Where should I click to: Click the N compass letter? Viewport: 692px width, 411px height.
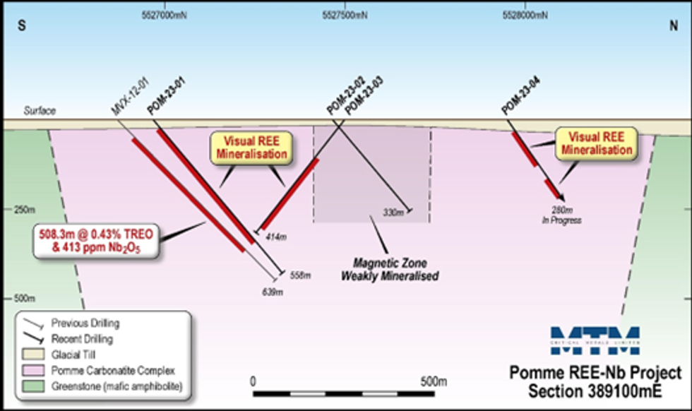pyautogui.click(x=674, y=25)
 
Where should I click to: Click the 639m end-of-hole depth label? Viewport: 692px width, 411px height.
pyautogui.click(x=271, y=291)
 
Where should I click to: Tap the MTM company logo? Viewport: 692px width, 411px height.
pyautogui.click(x=595, y=341)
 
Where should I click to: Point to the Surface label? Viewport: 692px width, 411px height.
pyautogui.click(x=40, y=111)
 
